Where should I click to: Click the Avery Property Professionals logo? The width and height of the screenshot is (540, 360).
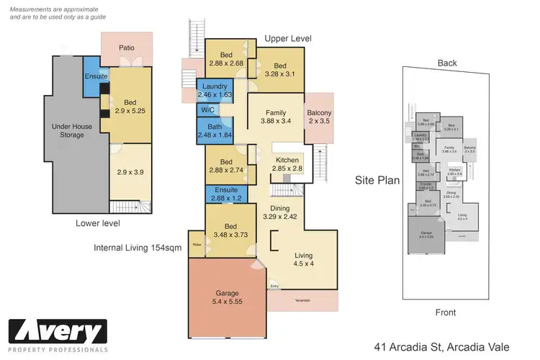[58, 336]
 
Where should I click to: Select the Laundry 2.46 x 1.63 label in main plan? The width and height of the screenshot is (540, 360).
[215, 90]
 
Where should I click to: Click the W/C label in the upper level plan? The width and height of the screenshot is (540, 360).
[207, 111]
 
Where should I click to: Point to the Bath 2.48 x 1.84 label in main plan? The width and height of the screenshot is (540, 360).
[215, 131]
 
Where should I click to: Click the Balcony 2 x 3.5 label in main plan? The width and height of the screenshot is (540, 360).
[320, 117]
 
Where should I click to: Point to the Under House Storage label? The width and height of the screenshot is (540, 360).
[71, 130]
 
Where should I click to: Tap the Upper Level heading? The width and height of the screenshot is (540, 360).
[287, 38]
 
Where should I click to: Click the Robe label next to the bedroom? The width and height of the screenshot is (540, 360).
[196, 244]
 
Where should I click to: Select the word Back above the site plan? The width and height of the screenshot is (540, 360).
[447, 63]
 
